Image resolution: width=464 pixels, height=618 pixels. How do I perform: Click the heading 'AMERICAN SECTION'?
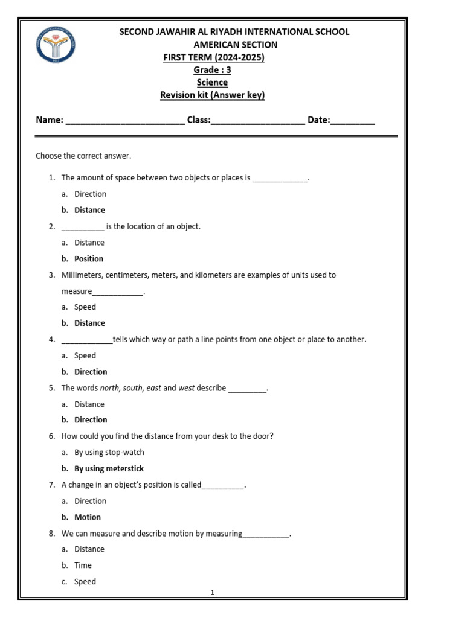click(x=235, y=45)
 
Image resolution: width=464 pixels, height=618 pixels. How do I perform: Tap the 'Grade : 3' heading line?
click(x=212, y=69)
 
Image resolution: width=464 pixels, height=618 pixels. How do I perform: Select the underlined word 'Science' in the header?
click(x=212, y=82)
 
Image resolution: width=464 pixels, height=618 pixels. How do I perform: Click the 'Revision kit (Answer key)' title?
click(x=212, y=95)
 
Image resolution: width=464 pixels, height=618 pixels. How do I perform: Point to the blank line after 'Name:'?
click(x=124, y=121)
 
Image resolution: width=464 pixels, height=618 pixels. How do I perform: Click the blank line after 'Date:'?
click(x=353, y=121)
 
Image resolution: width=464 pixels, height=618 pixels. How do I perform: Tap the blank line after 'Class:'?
click(x=258, y=121)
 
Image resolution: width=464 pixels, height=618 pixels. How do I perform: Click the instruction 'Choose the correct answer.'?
click(x=83, y=156)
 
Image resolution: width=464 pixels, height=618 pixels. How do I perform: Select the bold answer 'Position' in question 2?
click(x=89, y=259)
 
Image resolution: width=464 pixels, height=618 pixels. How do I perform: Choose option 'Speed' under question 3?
click(x=85, y=307)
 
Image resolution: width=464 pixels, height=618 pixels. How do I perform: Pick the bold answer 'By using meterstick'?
click(x=109, y=468)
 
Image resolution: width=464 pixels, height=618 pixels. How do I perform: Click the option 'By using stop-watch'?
click(x=109, y=452)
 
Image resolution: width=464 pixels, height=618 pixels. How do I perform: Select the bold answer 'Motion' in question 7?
click(x=88, y=517)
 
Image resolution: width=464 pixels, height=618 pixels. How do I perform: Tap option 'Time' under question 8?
click(x=83, y=565)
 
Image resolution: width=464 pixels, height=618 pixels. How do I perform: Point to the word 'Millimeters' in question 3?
click(x=82, y=275)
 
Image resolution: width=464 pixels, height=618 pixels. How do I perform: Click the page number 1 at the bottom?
click(x=213, y=593)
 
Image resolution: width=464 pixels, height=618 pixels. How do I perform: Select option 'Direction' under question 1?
click(x=90, y=194)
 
